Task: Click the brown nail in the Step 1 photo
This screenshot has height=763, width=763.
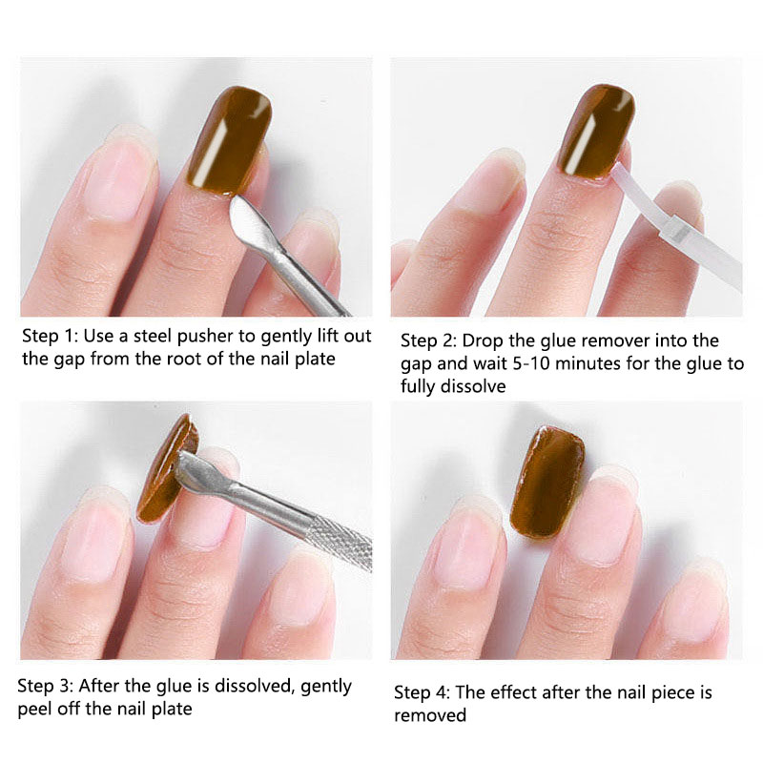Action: (229, 141)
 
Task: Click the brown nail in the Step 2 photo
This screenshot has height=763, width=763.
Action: (596, 132)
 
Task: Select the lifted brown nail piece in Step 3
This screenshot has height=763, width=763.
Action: (168, 469)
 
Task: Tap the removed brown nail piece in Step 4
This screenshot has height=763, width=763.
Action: (547, 482)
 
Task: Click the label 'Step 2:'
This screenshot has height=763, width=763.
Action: (428, 340)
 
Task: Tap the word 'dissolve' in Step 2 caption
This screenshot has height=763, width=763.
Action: (473, 386)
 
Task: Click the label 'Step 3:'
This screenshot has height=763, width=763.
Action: (45, 686)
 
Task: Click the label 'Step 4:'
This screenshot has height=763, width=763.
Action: (422, 692)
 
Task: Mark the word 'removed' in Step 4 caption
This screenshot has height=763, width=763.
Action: (430, 715)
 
